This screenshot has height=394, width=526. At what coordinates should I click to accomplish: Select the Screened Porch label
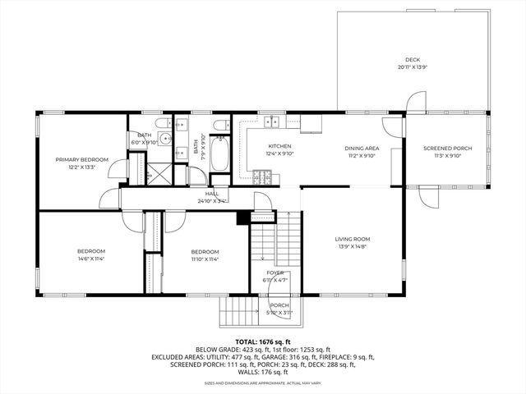442,149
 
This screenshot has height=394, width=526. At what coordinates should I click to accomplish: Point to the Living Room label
352,239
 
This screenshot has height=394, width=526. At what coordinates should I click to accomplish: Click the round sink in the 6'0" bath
165,139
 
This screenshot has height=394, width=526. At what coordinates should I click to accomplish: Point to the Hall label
212,194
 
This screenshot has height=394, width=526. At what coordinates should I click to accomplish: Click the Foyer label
275,273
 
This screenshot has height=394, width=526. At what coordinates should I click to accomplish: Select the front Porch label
279,305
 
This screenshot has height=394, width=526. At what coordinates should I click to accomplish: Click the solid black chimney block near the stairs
242,218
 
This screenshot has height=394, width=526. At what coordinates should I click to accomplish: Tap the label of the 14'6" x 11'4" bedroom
90,251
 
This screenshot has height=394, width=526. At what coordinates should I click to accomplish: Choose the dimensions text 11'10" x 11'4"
205,259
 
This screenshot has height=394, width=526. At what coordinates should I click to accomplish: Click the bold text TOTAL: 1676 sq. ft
263,341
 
